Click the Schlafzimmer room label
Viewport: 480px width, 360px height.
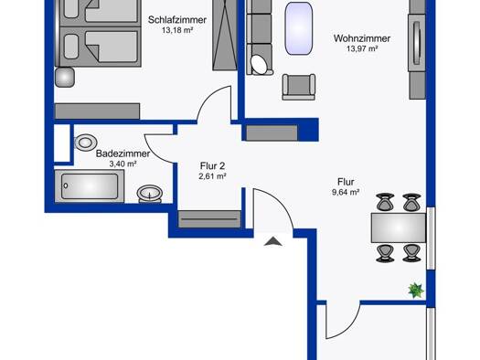(177, 20)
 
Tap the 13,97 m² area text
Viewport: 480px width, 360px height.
(362, 48)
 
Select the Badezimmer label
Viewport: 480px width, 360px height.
(123, 154)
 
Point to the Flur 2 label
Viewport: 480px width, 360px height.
(212, 166)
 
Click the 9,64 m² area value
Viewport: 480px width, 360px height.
(346, 193)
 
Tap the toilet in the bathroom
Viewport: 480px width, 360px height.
(86, 143)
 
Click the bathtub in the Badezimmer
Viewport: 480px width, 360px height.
(90, 186)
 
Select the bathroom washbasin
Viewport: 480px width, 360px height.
(150, 195)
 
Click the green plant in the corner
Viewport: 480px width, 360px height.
(416, 291)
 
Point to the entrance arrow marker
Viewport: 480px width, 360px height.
(273, 241)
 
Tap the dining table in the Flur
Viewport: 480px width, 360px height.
(399, 228)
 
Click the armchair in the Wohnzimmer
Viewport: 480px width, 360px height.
(298, 87)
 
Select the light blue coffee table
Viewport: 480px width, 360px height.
(299, 28)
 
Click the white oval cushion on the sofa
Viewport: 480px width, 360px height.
(260, 65)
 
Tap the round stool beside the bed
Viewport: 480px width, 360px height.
(65, 78)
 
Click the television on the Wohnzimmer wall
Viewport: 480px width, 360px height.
(417, 43)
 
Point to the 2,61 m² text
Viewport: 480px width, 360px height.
(212, 176)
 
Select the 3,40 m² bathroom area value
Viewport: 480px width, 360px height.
(123, 164)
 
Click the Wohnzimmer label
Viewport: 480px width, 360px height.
(362, 38)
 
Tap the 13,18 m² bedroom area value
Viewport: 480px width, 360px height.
(177, 30)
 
